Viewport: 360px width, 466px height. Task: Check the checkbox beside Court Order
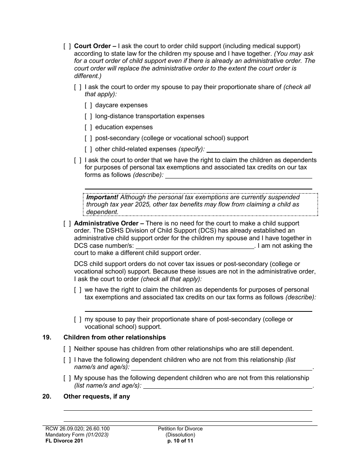[67, 46]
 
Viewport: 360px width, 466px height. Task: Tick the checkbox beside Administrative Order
[67, 224]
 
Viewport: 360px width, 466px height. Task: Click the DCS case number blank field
[195, 246]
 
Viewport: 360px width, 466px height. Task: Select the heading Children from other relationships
[114, 338]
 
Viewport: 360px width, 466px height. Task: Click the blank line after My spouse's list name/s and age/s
[227, 386]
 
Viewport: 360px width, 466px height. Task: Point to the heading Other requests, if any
[97, 397]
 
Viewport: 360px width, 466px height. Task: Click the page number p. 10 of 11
[180, 441]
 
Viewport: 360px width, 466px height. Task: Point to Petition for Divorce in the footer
[180, 429]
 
